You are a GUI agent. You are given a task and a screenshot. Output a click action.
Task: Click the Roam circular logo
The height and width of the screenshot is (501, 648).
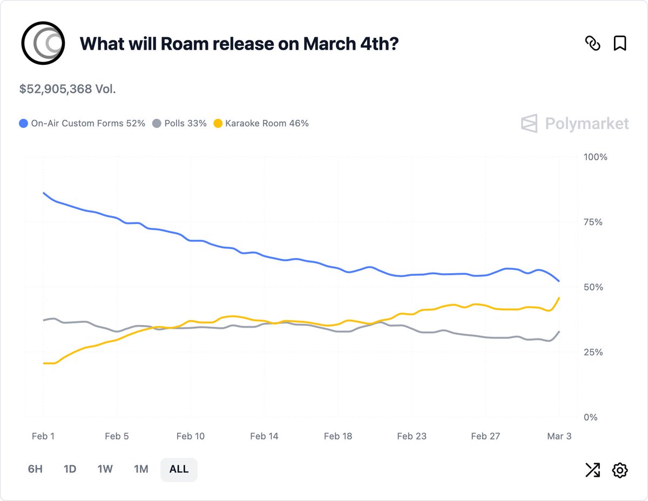point(43,43)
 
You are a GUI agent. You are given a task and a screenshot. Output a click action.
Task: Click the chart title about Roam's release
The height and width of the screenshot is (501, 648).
point(239,44)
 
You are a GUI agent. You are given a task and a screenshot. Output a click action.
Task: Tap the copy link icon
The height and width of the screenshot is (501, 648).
point(592,43)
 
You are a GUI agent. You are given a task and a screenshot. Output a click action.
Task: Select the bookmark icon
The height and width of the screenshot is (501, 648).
point(620,43)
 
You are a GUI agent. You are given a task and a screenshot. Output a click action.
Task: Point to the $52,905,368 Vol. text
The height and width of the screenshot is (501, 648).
point(67,89)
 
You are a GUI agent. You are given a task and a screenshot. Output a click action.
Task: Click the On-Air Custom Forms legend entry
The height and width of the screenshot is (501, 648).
point(82,123)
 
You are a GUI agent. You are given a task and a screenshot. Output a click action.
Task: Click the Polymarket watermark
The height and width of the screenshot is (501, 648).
point(575,124)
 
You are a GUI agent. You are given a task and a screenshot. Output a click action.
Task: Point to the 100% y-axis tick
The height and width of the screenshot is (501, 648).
point(596,157)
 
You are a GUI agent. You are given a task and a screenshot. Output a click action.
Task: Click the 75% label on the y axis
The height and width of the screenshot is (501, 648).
point(593,222)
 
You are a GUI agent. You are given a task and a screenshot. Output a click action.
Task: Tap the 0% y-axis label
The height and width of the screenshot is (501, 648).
point(591,417)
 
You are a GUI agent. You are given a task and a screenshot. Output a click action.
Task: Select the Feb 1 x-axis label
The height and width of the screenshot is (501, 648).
point(43,436)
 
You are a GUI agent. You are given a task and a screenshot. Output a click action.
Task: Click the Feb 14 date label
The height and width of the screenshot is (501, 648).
point(264,436)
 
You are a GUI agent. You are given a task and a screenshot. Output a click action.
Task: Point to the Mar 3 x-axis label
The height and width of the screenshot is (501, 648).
point(559,436)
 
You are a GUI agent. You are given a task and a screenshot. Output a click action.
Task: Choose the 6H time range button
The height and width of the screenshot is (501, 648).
point(35,469)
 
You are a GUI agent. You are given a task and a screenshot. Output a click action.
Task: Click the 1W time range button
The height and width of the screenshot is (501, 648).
point(105,469)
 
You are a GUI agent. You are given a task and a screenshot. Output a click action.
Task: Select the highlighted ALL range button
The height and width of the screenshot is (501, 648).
point(179,469)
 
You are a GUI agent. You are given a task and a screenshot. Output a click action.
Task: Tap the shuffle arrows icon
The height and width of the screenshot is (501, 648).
point(592,470)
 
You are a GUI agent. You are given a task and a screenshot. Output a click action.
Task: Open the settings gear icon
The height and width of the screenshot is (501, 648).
point(620,470)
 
